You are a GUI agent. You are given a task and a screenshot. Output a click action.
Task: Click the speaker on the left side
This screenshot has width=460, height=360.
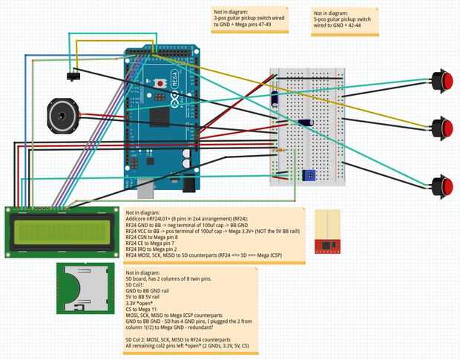click(x=62, y=116)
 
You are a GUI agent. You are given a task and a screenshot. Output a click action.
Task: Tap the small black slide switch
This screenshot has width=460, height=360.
click(x=73, y=76)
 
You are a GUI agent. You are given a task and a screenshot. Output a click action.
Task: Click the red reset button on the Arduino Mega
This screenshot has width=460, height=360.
click(x=159, y=83)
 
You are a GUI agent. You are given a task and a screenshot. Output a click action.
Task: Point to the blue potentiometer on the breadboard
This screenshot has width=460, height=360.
click(x=309, y=175)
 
